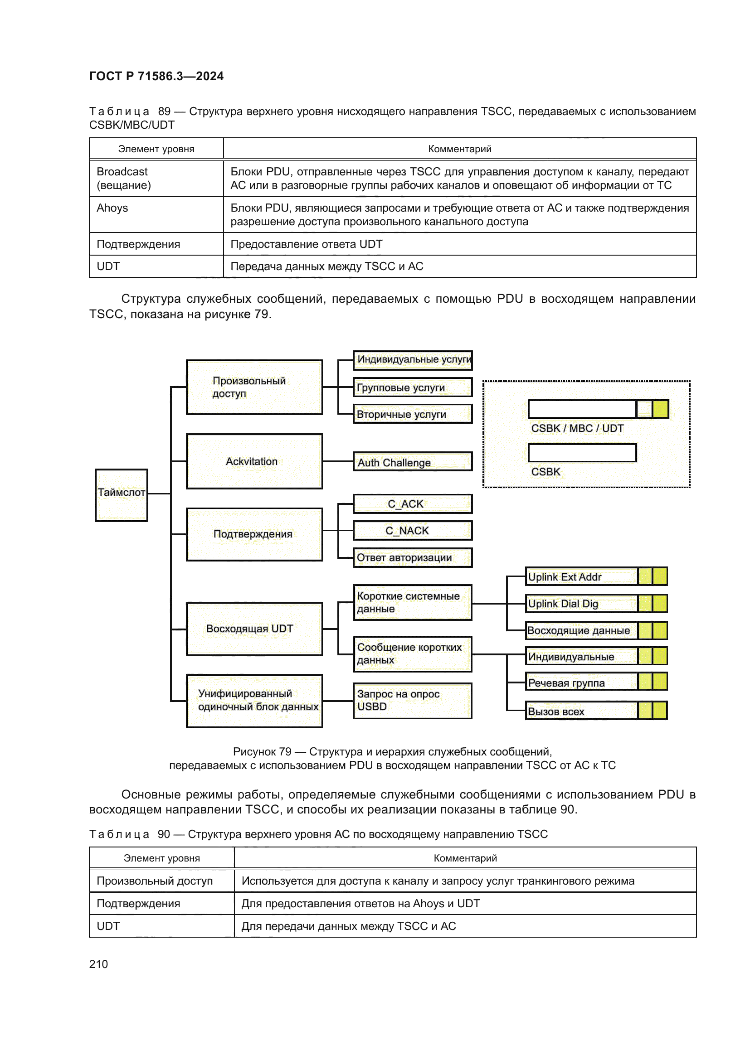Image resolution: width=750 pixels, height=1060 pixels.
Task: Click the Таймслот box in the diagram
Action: (121, 495)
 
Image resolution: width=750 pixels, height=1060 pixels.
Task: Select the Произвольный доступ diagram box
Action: (254, 387)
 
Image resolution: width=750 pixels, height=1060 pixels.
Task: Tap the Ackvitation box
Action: (254, 461)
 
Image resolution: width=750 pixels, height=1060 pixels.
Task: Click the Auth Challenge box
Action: (412, 462)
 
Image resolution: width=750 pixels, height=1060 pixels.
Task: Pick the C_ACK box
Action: (412, 503)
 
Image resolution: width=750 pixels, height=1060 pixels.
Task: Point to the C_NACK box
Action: (412, 531)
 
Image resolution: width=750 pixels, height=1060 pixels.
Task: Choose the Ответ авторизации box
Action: (412, 558)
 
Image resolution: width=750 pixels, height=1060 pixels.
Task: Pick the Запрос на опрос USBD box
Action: (412, 700)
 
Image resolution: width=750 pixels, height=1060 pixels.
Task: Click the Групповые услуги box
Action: (412, 387)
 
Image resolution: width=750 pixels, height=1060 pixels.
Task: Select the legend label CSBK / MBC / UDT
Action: (577, 428)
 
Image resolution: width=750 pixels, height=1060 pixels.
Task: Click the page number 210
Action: (98, 964)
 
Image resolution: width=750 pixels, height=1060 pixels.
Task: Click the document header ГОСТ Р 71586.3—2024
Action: (156, 76)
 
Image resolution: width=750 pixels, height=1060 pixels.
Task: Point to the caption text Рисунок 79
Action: (262, 751)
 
